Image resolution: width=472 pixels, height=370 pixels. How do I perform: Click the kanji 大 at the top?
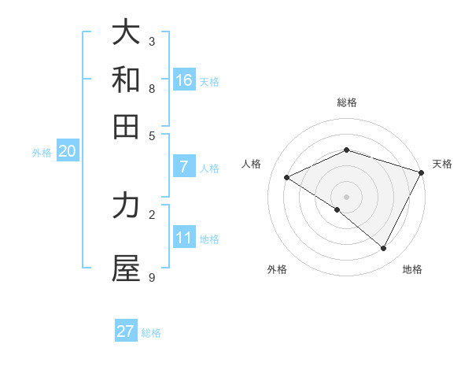126,32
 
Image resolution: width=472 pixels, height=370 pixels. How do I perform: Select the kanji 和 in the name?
126,80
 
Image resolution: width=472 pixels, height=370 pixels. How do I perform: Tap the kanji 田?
126,126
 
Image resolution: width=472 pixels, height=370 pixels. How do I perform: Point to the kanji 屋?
126,268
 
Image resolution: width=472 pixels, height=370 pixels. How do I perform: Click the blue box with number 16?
184,80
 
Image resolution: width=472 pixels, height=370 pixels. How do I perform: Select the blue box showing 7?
184,167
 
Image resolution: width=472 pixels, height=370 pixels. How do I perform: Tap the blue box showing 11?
184,238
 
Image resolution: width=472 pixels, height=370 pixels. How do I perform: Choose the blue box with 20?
67,151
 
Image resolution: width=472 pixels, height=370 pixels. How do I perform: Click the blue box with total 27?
126,331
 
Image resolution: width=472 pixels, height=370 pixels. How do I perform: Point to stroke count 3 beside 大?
152,41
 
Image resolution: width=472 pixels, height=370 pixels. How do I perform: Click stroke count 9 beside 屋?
152,277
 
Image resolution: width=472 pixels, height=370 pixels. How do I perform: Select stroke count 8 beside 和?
152,88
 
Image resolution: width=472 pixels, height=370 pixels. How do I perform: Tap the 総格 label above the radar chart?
346,102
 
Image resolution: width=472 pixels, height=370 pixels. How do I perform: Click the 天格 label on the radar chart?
442,164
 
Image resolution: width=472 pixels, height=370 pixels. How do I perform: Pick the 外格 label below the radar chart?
277,269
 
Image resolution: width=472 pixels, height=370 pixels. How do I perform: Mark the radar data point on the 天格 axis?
422,172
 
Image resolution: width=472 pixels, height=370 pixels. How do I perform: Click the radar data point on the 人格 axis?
287,178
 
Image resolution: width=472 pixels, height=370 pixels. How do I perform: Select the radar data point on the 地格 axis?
383,248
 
